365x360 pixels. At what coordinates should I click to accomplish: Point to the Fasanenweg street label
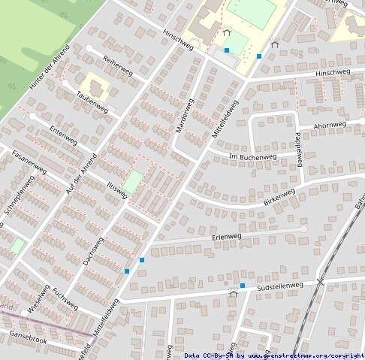pos(30,165)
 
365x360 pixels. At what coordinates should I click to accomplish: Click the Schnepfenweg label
pos(20,197)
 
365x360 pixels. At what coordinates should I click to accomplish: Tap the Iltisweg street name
pos(117,185)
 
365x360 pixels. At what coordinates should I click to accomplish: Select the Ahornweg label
pos(330,124)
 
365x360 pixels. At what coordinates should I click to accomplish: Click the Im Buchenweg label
pos(252,157)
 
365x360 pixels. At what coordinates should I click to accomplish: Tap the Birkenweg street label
pos(279,198)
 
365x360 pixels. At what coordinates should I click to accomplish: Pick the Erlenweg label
pos(226,237)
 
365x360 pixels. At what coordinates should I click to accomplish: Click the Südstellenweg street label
pos(279,286)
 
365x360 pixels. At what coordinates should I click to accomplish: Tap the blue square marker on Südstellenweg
pos(243,286)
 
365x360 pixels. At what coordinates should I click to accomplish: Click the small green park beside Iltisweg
pos(133,181)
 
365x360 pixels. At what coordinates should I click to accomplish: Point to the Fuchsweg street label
pos(65,298)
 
